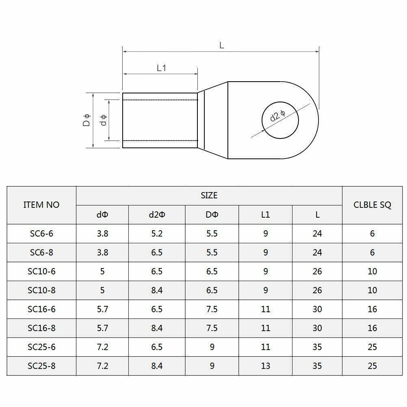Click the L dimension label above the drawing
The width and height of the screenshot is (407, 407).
(221, 45)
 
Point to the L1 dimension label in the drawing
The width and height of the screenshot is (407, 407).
(161, 68)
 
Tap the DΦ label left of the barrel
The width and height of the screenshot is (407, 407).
(87, 120)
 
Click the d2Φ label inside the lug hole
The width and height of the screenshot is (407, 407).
(277, 116)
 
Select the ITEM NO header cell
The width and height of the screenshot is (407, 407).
(41, 205)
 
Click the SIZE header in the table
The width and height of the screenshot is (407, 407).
(209, 195)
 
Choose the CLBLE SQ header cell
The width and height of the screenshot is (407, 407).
(372, 205)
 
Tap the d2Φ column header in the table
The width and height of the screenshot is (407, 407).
(157, 214)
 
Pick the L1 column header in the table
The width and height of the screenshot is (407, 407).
(265, 214)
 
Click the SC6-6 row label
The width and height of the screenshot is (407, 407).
(41, 234)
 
